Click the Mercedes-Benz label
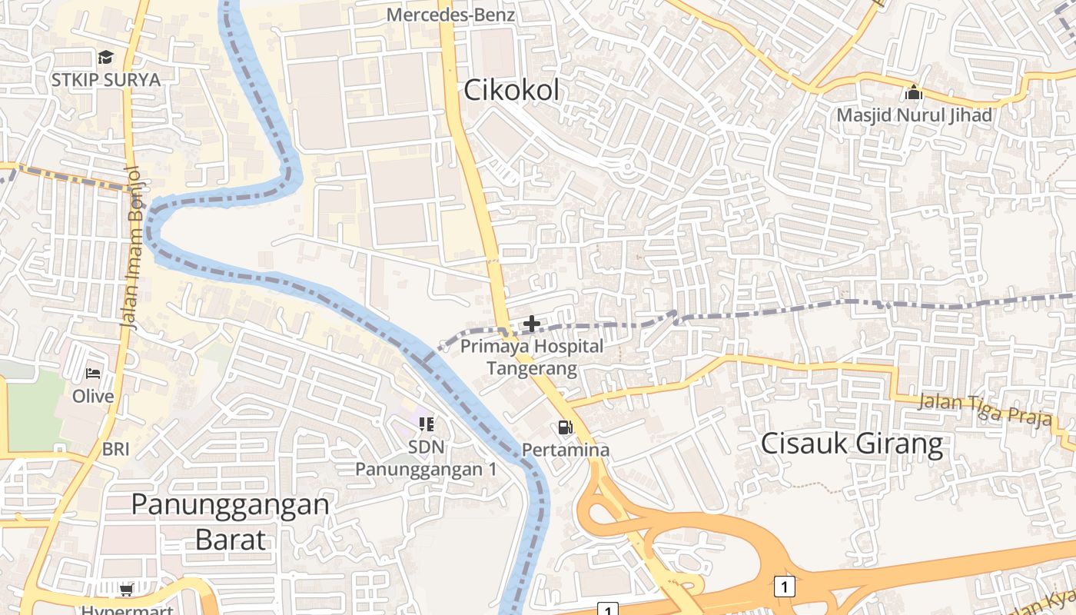450,15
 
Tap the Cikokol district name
511,91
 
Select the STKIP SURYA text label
106,80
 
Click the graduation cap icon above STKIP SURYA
105,58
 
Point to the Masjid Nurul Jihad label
914,115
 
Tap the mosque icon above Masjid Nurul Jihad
914,93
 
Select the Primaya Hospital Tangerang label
532,357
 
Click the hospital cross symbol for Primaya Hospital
531,324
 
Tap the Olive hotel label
93,397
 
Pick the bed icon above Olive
93,374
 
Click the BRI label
115,449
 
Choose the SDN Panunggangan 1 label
426,458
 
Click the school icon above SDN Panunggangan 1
427,424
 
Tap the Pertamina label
566,450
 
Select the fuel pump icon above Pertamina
566,427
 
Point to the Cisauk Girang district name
852,444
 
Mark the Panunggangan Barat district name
231,521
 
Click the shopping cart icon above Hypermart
127,590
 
